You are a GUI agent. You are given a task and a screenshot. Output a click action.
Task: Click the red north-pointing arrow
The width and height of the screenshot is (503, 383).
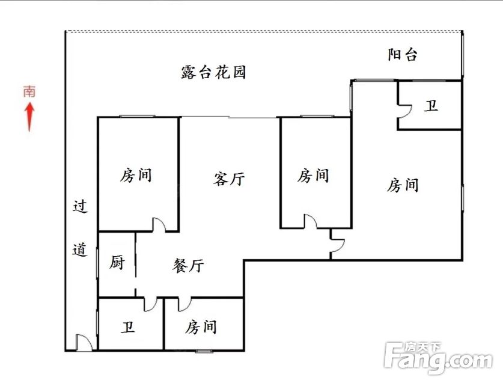(x=30, y=117)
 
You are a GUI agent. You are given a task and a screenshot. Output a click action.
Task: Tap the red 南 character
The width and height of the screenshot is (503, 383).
(x=29, y=92)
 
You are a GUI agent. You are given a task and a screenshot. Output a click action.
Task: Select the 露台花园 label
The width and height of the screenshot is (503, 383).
(x=213, y=72)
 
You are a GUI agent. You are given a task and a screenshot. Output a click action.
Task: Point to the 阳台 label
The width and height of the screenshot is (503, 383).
(x=403, y=55)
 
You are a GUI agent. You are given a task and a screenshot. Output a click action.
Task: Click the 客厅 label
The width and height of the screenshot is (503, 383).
(x=229, y=179)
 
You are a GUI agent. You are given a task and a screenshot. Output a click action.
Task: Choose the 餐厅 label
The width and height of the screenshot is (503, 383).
(x=188, y=266)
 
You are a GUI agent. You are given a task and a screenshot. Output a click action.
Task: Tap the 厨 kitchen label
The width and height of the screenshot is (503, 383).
(x=117, y=263)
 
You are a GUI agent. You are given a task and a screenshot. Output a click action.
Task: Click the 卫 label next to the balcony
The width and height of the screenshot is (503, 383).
(x=431, y=105)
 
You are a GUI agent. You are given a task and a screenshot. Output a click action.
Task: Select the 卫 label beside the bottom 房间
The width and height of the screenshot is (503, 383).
(x=128, y=327)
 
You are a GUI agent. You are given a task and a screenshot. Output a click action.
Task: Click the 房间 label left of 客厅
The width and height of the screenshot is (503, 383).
(x=136, y=176)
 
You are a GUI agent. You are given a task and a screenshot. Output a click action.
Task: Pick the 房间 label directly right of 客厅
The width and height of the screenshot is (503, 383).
(x=313, y=176)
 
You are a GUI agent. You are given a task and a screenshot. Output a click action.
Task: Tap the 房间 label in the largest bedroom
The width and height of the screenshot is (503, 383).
(x=403, y=185)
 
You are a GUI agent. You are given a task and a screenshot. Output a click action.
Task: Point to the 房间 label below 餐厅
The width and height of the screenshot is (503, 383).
(x=201, y=327)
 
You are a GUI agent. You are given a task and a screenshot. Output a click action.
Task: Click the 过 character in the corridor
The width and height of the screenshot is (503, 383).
(x=80, y=206)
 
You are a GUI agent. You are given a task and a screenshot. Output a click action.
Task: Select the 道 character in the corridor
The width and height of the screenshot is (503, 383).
(x=80, y=250)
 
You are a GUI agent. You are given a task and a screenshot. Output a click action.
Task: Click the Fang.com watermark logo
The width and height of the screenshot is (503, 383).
(x=438, y=358)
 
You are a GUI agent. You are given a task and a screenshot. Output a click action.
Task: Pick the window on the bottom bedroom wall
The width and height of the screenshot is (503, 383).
(x=204, y=351)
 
